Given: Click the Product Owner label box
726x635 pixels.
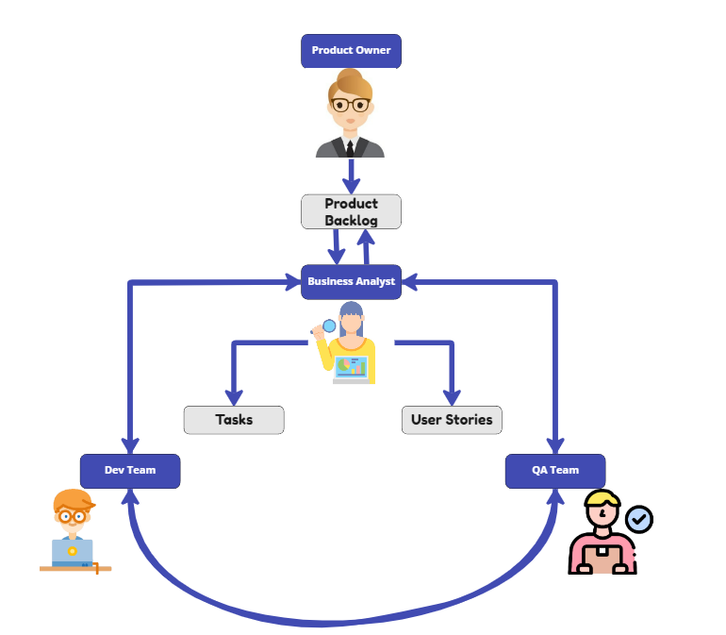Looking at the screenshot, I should pos(351,51).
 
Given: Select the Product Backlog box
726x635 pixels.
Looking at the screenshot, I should pos(351,211).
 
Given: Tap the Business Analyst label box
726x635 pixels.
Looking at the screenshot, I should pos(351,282).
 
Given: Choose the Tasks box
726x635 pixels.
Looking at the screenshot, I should pos(234,420).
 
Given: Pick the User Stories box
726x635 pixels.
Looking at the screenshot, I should pos(452,420).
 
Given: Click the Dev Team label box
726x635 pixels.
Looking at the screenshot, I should pos(130,471).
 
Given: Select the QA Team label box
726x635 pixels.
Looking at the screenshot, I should pos(555,471).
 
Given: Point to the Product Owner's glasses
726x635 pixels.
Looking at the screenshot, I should pos(351,105).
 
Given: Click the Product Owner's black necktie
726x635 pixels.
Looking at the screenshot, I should pos(350,147).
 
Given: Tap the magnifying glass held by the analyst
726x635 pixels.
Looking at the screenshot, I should pos(328,326).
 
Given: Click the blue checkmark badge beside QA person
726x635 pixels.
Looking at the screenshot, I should pos(639,518).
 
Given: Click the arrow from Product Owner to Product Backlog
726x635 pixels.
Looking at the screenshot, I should pos(351,175).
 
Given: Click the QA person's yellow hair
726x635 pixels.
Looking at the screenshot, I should pos(602,499).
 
